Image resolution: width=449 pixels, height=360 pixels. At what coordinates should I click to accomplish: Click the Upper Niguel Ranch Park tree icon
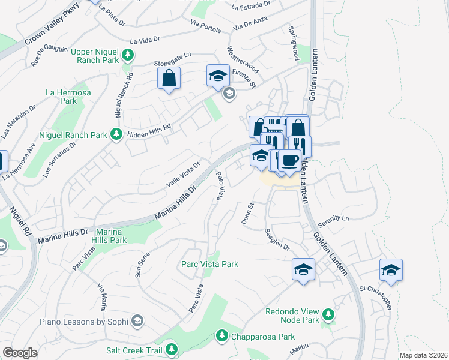coord(127,56)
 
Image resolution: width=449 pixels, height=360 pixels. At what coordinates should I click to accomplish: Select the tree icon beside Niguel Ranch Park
coord(116,134)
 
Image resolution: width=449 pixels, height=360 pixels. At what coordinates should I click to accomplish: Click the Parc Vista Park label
coord(209,264)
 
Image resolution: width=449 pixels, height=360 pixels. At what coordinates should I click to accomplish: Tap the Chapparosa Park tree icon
coord(221,334)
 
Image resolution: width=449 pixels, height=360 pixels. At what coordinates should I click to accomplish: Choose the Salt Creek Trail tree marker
coord(172,349)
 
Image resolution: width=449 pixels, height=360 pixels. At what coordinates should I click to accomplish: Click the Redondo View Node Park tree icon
coord(328,314)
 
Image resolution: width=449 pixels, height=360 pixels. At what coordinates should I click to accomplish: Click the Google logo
coord(20,353)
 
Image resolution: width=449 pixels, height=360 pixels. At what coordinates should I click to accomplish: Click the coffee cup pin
coord(290,161)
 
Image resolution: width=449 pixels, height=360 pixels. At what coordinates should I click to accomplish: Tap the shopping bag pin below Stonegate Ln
coord(169,77)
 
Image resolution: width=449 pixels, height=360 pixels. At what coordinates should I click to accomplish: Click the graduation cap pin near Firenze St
coord(218,76)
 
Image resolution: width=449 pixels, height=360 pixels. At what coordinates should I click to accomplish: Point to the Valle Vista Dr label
coord(182,173)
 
